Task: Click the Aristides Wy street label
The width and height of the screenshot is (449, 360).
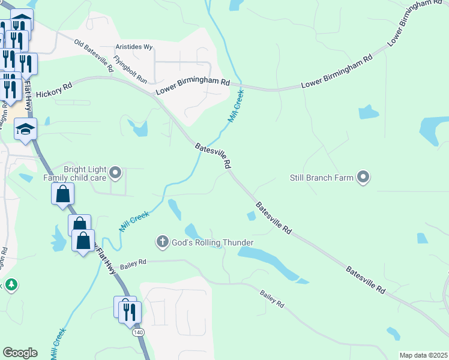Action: point(134,47)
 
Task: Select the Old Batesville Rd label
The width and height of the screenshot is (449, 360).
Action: point(94,56)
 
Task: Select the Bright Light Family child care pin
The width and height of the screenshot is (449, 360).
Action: point(116,173)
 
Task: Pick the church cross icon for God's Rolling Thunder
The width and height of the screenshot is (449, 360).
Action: point(161,242)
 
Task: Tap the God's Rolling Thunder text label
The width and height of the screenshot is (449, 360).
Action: point(211,242)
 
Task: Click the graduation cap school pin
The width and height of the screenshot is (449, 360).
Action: point(26,129)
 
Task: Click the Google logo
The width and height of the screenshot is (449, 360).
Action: point(20,353)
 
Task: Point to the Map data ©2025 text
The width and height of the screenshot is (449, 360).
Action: point(423,355)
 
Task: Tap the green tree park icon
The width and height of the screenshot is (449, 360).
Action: point(10,284)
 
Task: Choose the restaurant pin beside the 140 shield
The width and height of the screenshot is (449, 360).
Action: point(130,311)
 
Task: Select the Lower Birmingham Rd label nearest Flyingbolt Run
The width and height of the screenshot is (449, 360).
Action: point(193,86)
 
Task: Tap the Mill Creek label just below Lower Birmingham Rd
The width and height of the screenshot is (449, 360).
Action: point(237,107)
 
